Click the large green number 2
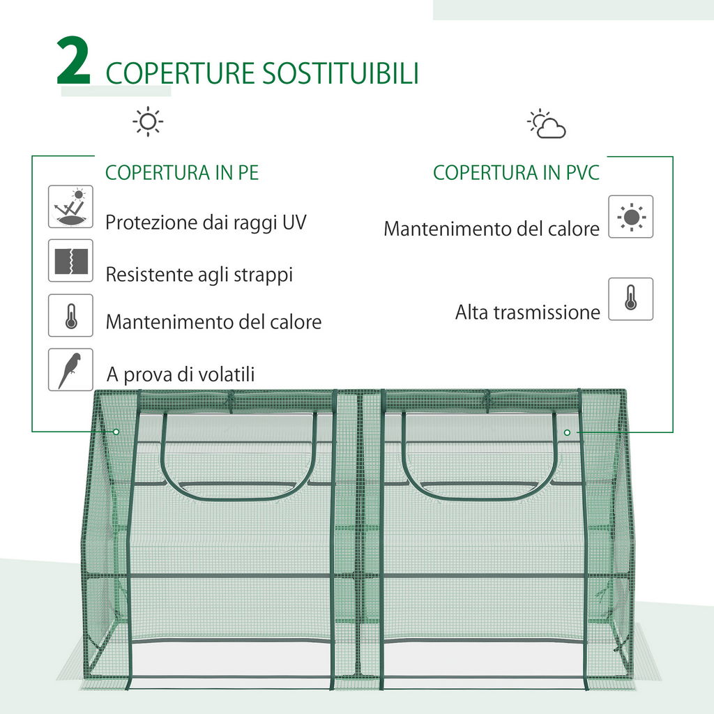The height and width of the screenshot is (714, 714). click(x=74, y=62)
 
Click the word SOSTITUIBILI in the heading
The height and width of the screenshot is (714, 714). click(x=340, y=73)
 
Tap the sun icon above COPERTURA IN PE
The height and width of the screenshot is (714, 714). click(x=148, y=122)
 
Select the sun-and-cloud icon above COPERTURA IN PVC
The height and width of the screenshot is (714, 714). click(x=547, y=124)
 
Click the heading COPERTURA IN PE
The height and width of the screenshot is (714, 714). click(x=182, y=173)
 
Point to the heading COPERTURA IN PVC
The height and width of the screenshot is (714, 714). click(x=516, y=173)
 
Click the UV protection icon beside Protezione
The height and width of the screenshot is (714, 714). click(x=70, y=206)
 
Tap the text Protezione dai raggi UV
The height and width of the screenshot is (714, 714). click(x=206, y=222)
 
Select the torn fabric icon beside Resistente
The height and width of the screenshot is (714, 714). click(x=70, y=261)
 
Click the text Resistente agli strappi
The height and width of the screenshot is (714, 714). click(x=199, y=274)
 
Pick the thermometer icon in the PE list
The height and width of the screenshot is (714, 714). click(x=70, y=315)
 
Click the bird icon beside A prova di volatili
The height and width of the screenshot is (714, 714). click(x=70, y=370)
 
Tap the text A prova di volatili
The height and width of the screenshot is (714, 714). click(x=181, y=374)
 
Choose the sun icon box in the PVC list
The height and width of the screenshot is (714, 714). click(x=630, y=217)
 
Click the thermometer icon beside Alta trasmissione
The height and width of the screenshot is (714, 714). click(x=630, y=299)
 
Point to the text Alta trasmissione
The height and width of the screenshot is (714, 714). click(x=527, y=312)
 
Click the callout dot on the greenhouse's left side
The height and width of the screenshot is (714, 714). click(x=116, y=432)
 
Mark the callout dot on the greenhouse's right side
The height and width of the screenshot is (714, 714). click(x=567, y=432)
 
